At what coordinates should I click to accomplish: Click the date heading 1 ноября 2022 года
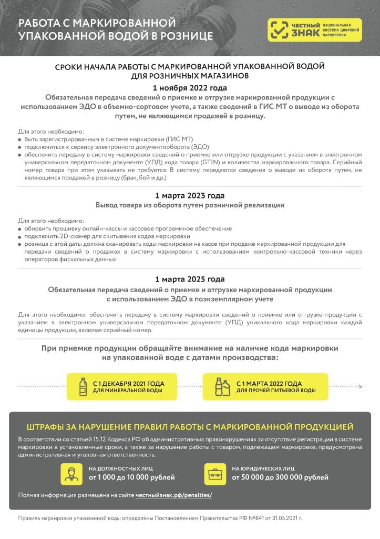coord(190,87)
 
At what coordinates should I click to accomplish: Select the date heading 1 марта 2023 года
coord(190,195)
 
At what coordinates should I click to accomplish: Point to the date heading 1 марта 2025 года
coord(190,279)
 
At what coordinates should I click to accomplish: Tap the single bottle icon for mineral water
coord(82,386)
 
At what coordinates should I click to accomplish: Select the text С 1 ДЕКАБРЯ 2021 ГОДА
coord(128,383)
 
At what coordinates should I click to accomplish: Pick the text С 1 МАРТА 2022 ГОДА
coord(269,383)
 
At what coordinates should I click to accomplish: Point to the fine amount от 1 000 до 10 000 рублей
coord(131,477)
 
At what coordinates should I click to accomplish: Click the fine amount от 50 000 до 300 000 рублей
coord(280,477)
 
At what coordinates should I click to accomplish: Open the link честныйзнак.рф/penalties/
coord(173,495)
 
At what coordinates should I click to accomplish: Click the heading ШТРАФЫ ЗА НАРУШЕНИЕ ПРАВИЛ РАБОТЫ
coord(190,426)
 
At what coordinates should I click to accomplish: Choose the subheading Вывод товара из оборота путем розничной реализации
coord(190,205)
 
